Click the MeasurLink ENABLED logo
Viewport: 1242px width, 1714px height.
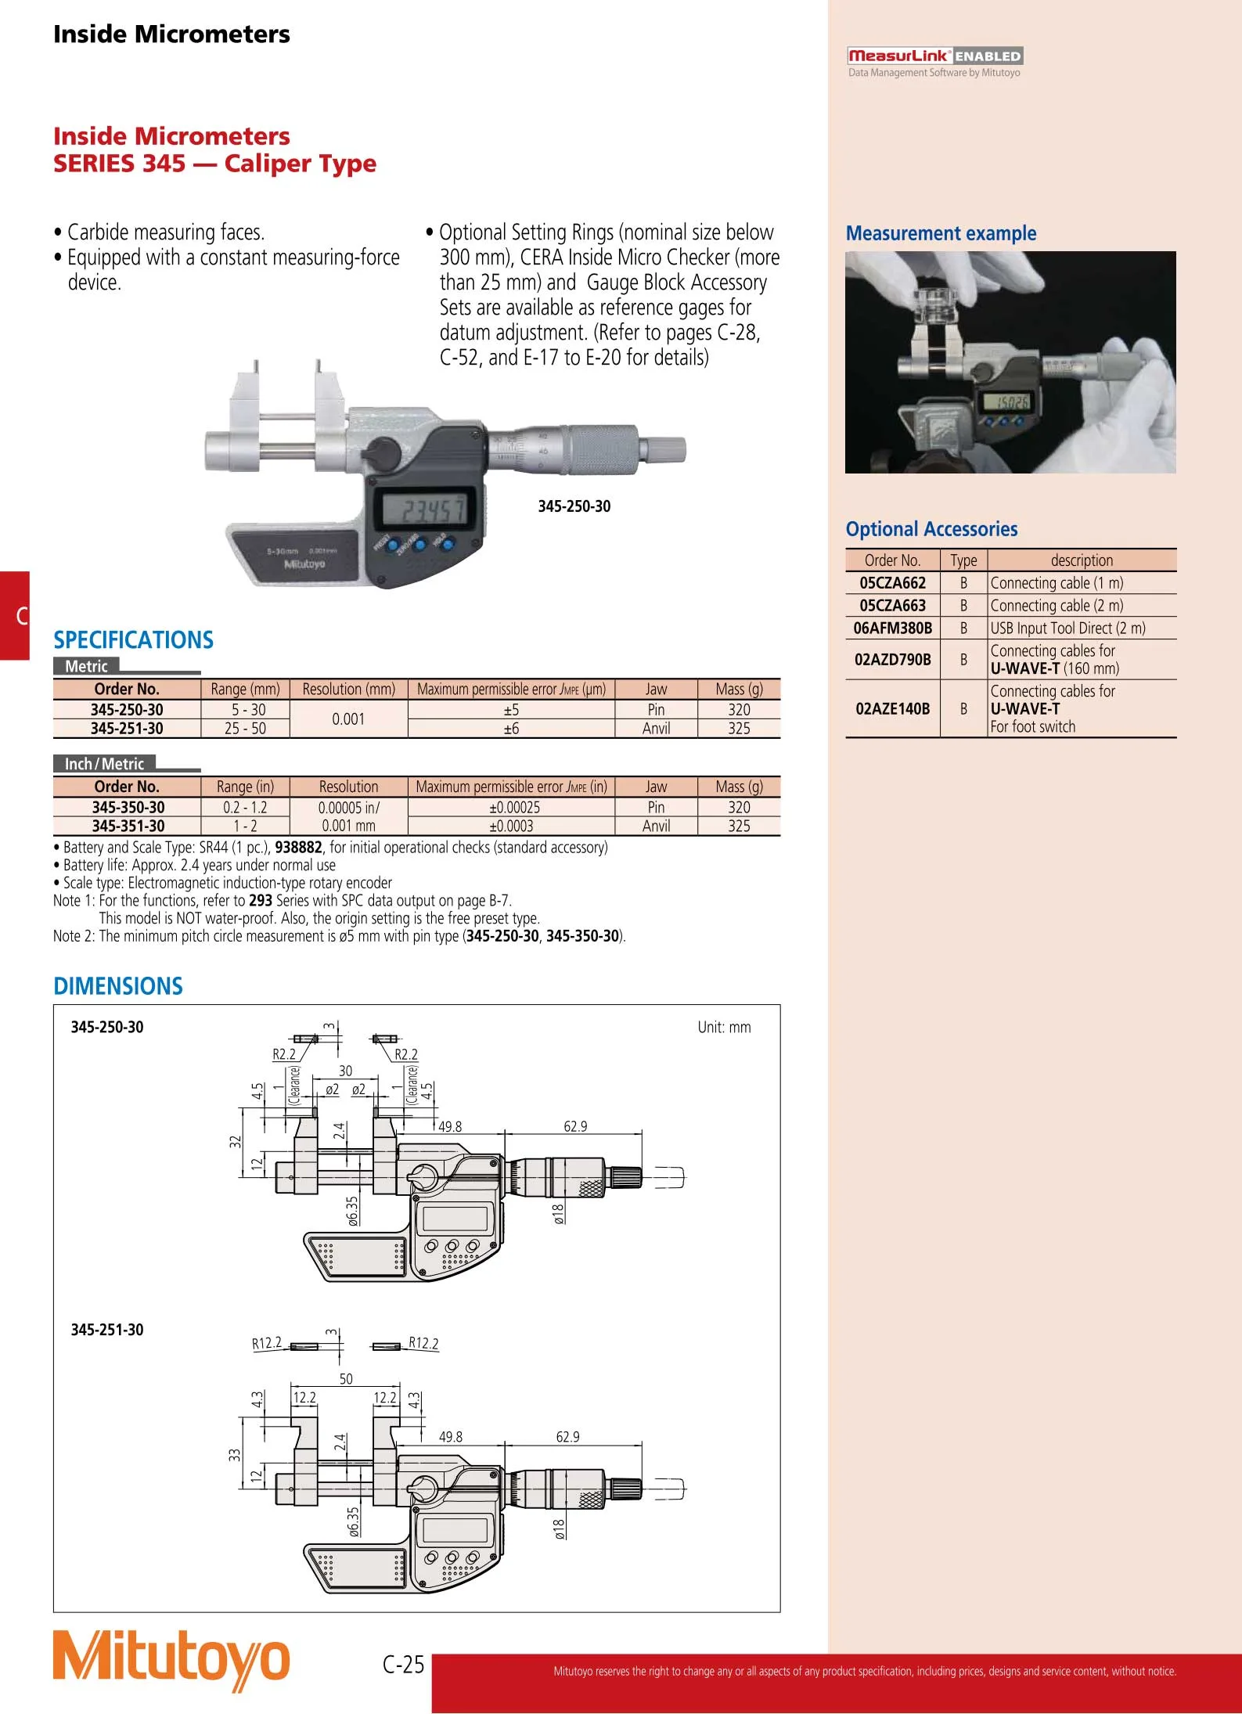934,56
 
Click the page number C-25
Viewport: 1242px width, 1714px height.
403,1663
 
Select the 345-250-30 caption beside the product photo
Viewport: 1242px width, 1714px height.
574,506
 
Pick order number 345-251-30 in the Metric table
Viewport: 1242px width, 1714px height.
127,729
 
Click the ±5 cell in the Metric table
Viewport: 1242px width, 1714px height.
511,710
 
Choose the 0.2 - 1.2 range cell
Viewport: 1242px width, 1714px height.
245,808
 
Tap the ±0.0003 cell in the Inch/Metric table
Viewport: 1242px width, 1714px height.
511,826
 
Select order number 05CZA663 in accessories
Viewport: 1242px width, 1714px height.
892,606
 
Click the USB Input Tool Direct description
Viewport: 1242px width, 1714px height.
1067,628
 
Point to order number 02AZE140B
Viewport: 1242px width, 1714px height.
892,709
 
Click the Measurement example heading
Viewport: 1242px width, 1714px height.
941,233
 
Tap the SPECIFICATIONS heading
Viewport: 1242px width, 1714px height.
133,640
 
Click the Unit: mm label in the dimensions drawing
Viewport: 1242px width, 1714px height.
724,1028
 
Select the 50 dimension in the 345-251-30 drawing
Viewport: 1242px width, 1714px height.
346,1379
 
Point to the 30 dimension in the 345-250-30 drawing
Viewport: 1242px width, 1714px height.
345,1071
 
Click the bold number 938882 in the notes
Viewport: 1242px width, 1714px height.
298,848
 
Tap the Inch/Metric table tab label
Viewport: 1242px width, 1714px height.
104,764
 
